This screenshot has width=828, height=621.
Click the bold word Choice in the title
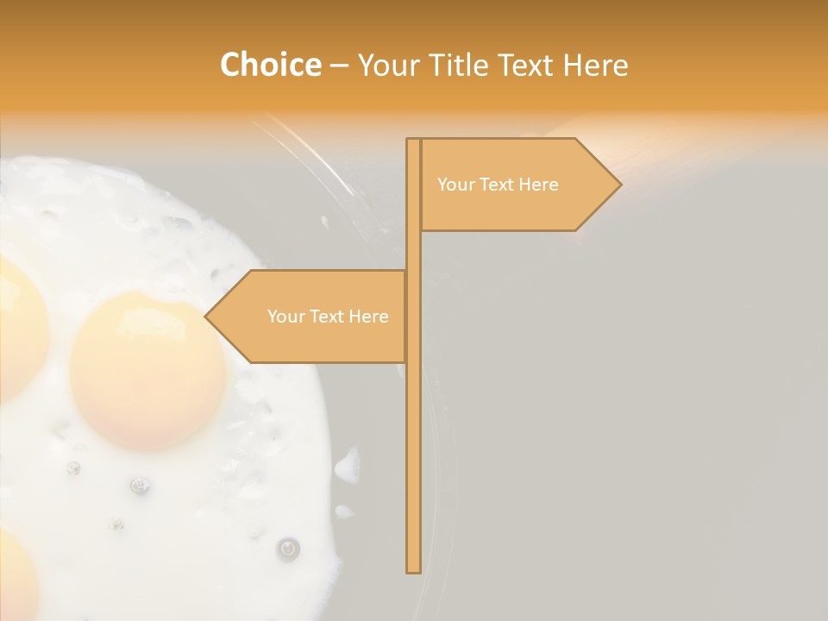click(x=270, y=65)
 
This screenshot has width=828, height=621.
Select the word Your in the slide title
click(x=385, y=65)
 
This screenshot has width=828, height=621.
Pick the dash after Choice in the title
click(x=338, y=66)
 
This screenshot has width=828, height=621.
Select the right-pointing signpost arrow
click(x=517, y=185)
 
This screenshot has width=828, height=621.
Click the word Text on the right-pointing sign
click(x=498, y=185)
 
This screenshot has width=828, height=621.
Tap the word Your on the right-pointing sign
click(x=456, y=185)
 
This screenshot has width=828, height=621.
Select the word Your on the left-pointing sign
click(x=286, y=317)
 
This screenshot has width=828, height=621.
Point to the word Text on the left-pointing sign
click(x=328, y=317)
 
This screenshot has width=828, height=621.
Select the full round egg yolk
click(x=148, y=371)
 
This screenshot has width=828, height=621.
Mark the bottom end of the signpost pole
click(x=413, y=569)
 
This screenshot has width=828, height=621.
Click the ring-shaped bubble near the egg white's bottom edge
click(x=288, y=547)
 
